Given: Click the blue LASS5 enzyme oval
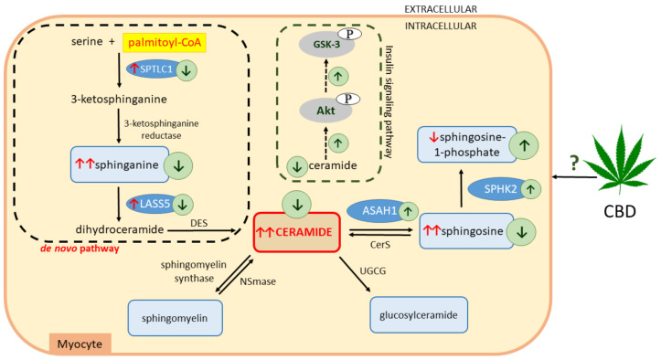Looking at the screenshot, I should pos(136,204).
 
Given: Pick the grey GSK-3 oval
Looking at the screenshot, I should pos(330,44).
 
